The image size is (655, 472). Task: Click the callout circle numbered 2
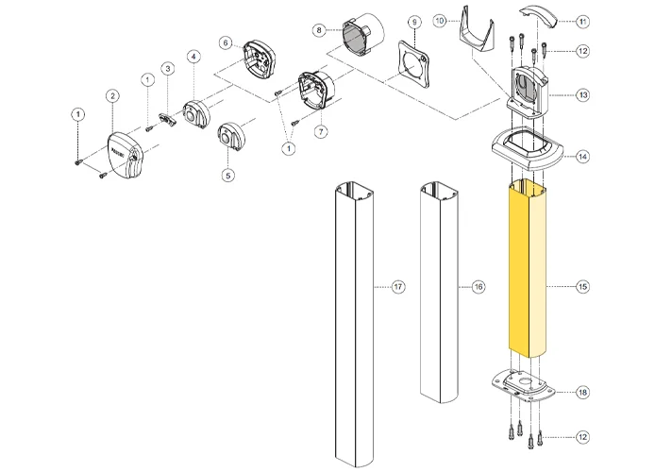tap(112, 95)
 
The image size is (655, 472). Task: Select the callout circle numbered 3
tap(166, 68)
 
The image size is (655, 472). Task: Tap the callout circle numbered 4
tap(193, 57)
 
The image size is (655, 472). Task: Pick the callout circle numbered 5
tap(227, 175)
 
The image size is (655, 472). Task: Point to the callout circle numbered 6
tap(225, 42)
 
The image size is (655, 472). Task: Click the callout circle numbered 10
tap(439, 20)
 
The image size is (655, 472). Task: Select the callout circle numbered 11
tap(581, 20)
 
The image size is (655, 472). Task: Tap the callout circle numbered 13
tap(581, 95)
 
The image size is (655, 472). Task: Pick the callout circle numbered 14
tap(581, 156)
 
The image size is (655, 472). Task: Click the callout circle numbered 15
tap(581, 285)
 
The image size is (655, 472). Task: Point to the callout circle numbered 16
tap(478, 285)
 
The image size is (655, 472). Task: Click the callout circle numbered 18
tap(581, 390)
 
